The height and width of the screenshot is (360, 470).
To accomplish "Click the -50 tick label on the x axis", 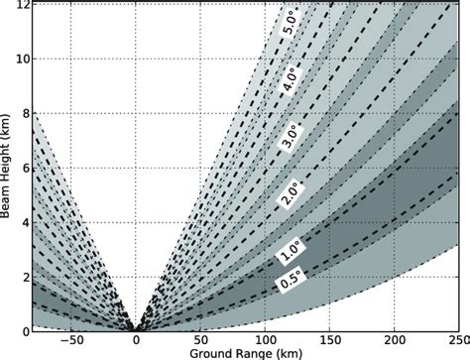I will (68, 339).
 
